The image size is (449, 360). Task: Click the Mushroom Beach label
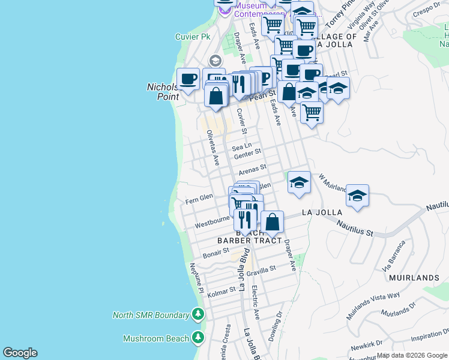(155, 338)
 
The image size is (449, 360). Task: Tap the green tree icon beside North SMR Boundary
(197, 314)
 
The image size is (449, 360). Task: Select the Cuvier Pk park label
(193, 37)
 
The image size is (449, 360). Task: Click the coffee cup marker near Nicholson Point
(188, 80)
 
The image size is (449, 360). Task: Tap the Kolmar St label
(221, 291)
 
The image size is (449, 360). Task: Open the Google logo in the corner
(20, 353)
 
